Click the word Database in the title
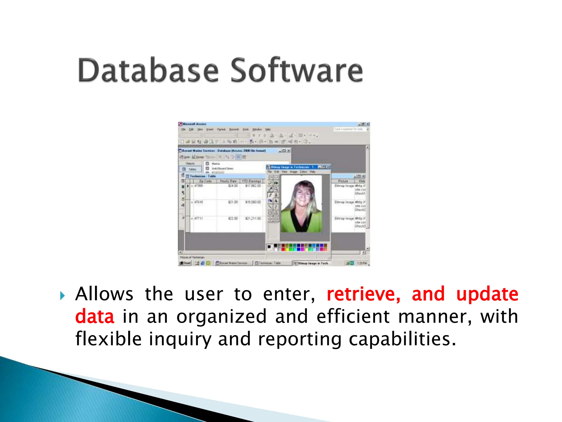click(x=148, y=70)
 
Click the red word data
click(x=95, y=316)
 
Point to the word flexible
click(x=108, y=338)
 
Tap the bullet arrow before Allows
click(x=62, y=296)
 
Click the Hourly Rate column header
click(x=228, y=181)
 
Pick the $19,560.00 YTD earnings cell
click(x=253, y=202)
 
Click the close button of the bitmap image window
click(x=328, y=167)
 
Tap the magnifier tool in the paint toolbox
click(x=276, y=189)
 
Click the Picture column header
click(x=343, y=181)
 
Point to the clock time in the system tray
click(x=362, y=263)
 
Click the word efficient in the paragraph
click(x=353, y=316)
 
